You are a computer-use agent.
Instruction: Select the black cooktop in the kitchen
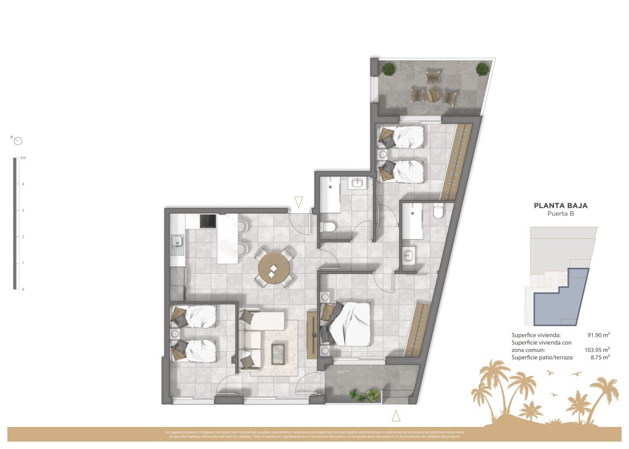[206, 220]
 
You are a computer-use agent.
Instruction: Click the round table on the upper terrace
[434, 95]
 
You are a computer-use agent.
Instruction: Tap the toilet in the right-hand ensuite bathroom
[438, 211]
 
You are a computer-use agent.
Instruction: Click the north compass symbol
[18, 140]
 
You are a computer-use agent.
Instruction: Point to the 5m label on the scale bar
[23, 158]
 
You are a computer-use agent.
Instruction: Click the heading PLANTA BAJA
[560, 206]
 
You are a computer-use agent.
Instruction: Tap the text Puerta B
[560, 214]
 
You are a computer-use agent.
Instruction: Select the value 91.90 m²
[598, 335]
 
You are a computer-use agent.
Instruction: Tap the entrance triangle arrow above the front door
[299, 201]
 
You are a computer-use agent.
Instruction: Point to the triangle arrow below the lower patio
[396, 416]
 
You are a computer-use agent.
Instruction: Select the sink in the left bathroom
[357, 182]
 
